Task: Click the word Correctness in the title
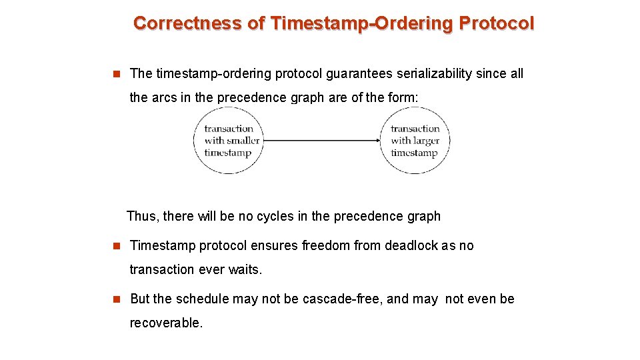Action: click(187, 23)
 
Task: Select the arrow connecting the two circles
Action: click(320, 141)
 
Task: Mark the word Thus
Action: click(141, 216)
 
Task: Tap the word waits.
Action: click(247, 269)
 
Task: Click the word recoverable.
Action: click(165, 323)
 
